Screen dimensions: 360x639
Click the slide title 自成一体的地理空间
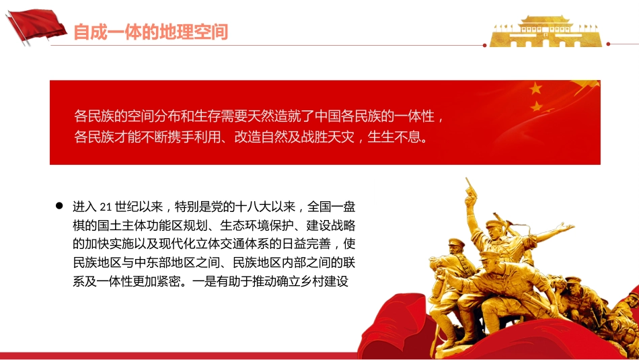[x=151, y=31]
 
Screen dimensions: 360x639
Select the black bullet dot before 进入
[x=59, y=205]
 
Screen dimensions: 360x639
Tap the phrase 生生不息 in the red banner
[x=396, y=138]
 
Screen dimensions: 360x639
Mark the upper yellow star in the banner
[x=535, y=88]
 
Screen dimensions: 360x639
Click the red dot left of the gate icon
[x=484, y=44]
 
